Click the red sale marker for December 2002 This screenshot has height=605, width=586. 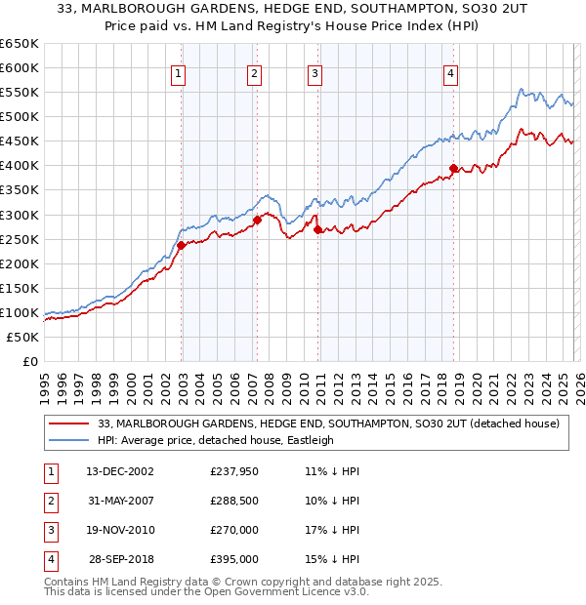point(182,245)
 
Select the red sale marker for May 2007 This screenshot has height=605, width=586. point(258,220)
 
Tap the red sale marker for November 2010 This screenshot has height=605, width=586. point(318,229)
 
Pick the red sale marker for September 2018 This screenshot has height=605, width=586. point(453,168)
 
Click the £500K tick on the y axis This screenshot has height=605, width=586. point(19,116)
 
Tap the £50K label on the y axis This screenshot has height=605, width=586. point(22,337)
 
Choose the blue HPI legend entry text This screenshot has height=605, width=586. point(215,440)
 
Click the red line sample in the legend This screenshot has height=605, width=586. point(68,423)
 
